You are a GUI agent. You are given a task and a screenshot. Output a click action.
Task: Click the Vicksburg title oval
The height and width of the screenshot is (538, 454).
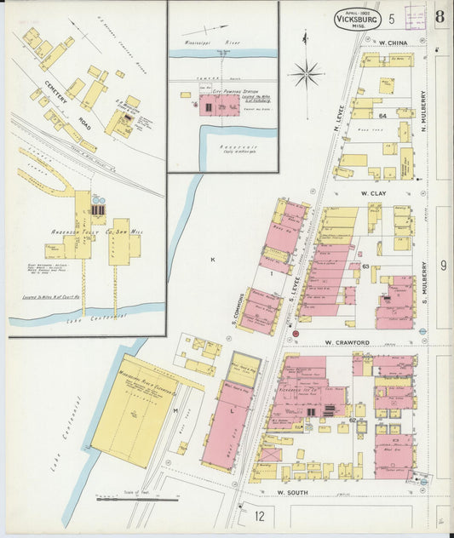tap(357, 18)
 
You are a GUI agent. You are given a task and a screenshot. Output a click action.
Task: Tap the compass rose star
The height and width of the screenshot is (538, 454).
tap(307, 74)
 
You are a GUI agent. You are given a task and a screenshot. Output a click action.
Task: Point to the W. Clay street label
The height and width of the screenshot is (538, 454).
tap(374, 193)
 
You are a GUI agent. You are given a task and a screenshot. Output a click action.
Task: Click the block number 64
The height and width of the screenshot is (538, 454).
tap(382, 115)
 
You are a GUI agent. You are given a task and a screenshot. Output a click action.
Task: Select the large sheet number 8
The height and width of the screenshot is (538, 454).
tap(439, 18)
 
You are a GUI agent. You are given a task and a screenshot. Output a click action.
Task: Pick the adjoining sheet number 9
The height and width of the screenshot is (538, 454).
tap(443, 266)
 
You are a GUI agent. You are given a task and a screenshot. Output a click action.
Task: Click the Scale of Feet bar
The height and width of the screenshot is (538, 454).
tap(125, 499)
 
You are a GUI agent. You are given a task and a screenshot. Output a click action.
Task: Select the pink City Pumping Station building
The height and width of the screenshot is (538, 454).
tap(220, 106)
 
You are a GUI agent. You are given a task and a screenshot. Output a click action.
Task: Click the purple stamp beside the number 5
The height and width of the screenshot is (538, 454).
tap(415, 17)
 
